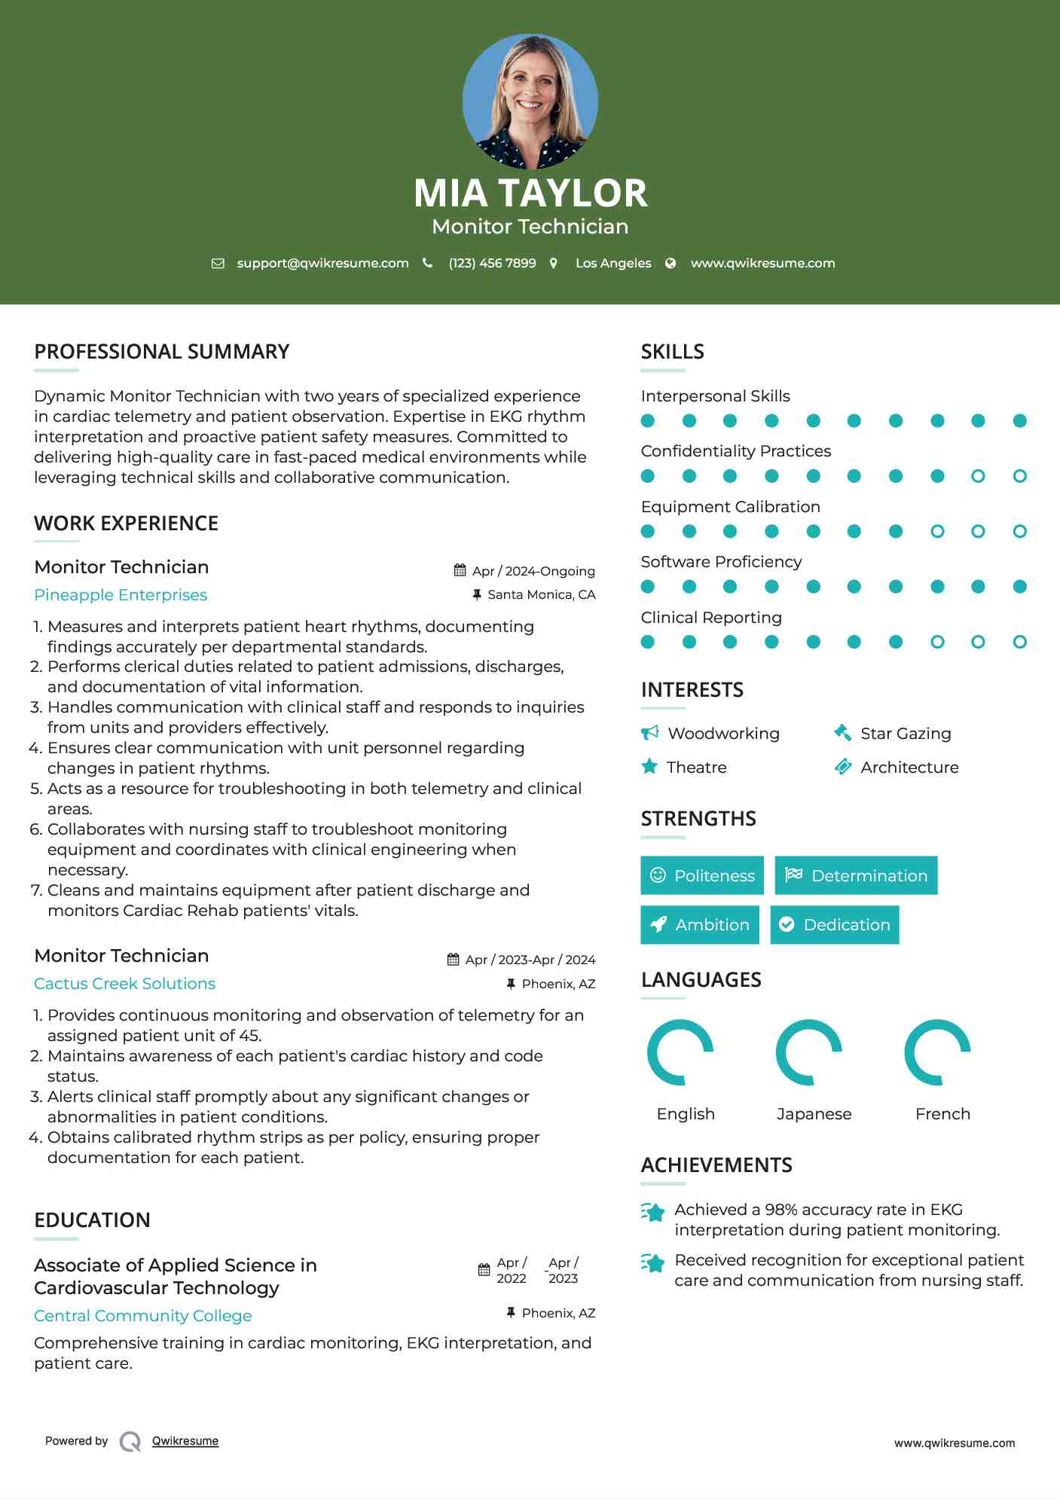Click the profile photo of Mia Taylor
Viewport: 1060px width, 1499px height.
point(530,101)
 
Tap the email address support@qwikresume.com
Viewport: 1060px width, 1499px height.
point(322,263)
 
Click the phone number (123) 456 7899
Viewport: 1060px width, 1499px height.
point(492,263)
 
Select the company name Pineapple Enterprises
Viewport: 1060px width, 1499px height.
point(121,595)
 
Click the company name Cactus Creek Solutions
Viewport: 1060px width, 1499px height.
point(124,984)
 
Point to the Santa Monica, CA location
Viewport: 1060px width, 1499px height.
point(541,594)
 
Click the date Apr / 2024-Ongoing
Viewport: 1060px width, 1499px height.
point(533,571)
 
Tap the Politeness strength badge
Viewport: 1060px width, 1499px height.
point(701,875)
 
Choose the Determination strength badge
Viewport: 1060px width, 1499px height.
point(856,875)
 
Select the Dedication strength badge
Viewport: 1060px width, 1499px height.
point(834,925)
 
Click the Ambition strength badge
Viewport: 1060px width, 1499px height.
point(699,925)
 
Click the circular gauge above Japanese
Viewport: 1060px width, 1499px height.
point(808,1052)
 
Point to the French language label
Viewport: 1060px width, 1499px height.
point(942,1114)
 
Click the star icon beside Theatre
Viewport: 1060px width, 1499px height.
point(649,767)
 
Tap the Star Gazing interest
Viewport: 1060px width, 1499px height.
point(906,734)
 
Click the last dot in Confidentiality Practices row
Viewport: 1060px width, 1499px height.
point(1019,476)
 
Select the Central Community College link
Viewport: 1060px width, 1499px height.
point(143,1316)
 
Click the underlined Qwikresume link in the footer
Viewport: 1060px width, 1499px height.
point(185,1441)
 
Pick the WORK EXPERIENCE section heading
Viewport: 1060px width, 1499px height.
point(127,524)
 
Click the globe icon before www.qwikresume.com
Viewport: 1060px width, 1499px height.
point(671,263)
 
